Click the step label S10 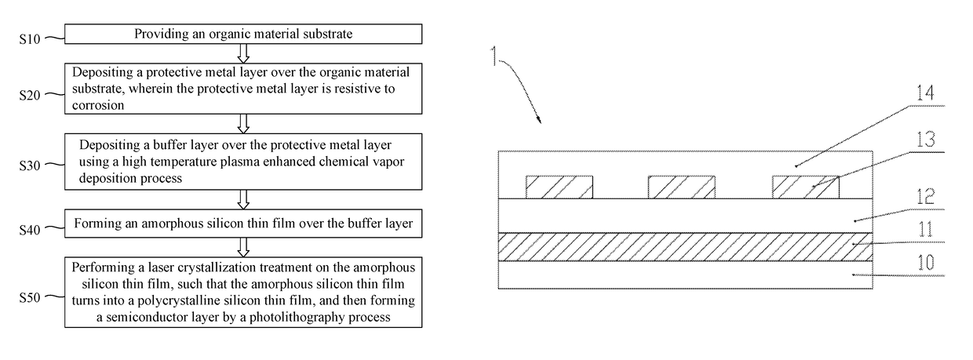(29, 39)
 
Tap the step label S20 (29, 95)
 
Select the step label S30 (29, 165)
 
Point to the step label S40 (29, 229)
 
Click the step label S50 (29, 297)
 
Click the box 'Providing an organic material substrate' (243, 34)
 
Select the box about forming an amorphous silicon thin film (243, 224)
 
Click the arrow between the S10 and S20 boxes (243, 53)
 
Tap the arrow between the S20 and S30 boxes (243, 124)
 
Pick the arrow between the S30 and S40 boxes (243, 200)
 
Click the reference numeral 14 (925, 93)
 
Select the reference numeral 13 (925, 140)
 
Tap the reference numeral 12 (925, 197)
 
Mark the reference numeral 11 (925, 230)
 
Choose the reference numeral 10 (925, 263)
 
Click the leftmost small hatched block (559, 187)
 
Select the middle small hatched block (682, 187)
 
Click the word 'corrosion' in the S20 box (98, 105)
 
